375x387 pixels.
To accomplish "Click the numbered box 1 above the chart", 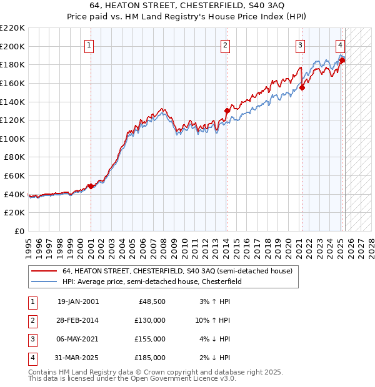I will point(90,45).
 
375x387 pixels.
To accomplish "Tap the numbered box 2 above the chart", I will point(224,45).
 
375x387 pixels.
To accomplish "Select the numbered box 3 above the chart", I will point(300,45).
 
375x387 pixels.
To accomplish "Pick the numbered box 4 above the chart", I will point(340,45).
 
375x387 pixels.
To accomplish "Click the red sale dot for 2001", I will point(91,186).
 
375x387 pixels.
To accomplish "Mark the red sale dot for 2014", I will point(227,110).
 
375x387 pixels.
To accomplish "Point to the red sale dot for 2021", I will point(302,88).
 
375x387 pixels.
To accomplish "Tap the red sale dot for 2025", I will point(342,60).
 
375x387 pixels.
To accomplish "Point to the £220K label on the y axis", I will point(12,28).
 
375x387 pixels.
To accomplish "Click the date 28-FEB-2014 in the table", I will point(78,320).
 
